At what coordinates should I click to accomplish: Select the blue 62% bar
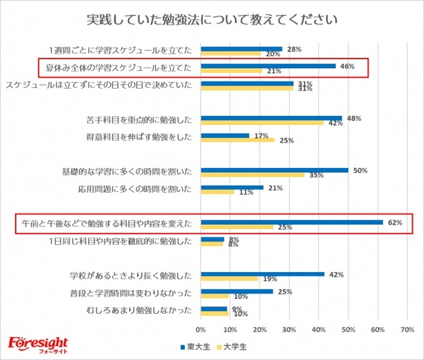291,222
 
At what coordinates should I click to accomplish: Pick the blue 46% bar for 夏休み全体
268,66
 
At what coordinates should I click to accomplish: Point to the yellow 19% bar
229,279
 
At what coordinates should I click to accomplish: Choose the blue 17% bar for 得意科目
225,135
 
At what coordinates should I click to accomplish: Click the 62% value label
396,222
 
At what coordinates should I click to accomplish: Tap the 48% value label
354,118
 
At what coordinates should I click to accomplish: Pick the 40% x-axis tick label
319,328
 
